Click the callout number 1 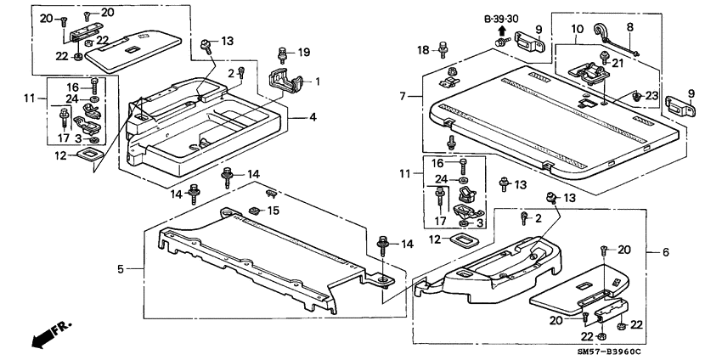319,82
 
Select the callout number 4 313,116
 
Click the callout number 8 629,27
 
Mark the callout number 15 274,209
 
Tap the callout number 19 303,52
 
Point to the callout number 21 617,62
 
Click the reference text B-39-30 502,17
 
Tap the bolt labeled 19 282,53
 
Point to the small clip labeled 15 254,209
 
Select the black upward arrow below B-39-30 502,31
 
